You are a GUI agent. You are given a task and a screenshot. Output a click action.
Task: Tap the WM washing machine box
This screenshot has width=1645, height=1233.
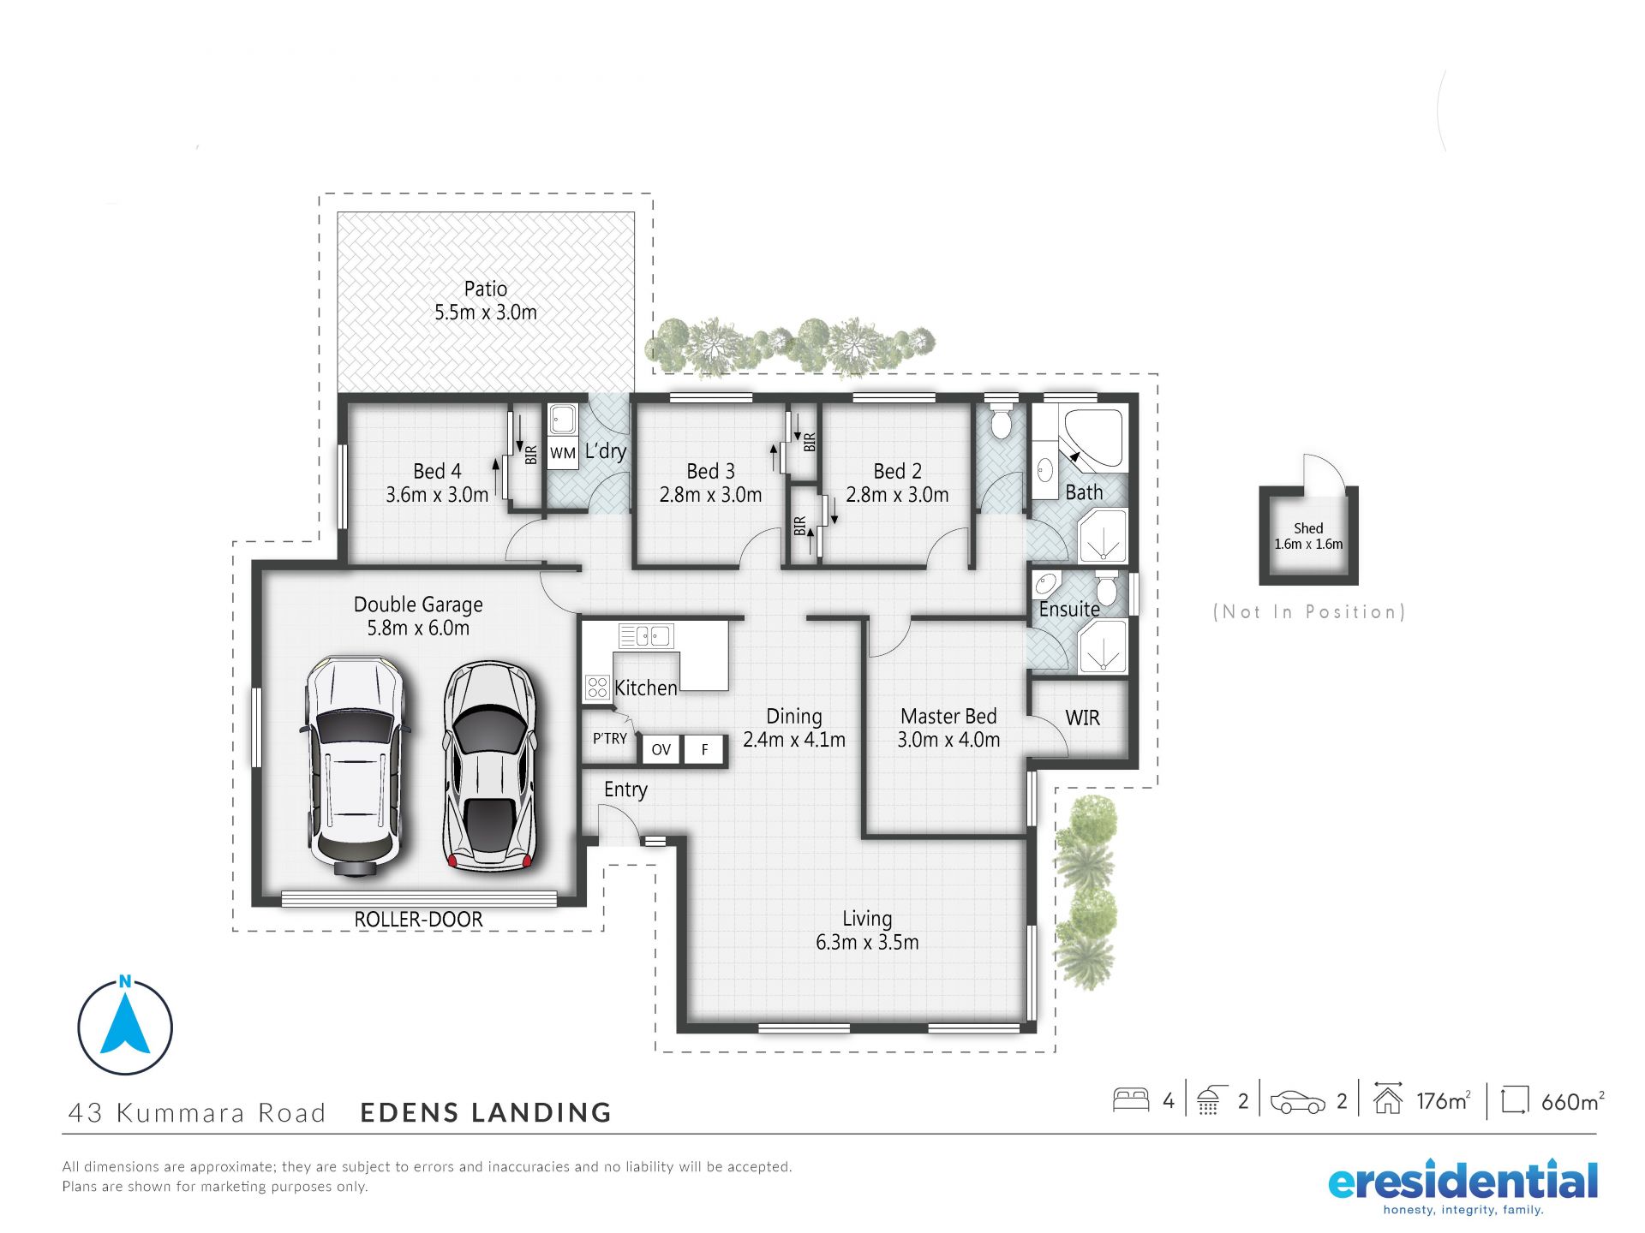coord(563,453)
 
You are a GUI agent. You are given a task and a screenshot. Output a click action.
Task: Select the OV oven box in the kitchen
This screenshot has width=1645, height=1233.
coord(661,749)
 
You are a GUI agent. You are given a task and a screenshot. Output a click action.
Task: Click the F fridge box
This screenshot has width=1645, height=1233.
coord(704,749)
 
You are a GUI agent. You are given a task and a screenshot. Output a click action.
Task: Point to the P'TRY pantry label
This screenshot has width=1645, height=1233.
coord(610,738)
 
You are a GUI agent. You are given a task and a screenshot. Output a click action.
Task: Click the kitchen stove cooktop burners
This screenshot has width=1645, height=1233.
coord(597,687)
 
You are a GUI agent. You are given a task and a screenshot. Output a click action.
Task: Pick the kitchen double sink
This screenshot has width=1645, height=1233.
coord(646,635)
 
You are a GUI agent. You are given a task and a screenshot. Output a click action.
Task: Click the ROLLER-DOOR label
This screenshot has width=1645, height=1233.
coord(418,919)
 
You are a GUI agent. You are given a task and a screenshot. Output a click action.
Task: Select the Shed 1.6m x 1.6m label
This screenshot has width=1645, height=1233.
coord(1308,536)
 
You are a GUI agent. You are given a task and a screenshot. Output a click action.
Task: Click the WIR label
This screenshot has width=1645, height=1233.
coord(1082,718)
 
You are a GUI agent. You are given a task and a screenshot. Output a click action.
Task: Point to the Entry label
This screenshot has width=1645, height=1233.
coord(625,789)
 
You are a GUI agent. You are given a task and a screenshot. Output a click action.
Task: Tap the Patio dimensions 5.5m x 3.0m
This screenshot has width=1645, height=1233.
coord(486,312)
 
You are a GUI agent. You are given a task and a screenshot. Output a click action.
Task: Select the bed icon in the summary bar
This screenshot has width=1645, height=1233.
coord(1131,1099)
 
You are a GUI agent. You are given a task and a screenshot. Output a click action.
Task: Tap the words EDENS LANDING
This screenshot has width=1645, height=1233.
coord(486,1112)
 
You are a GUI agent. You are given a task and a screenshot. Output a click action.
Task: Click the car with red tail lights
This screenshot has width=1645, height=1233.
coord(490,766)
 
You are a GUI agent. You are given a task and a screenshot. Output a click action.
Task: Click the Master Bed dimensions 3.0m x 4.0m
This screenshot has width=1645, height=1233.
coord(948,740)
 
